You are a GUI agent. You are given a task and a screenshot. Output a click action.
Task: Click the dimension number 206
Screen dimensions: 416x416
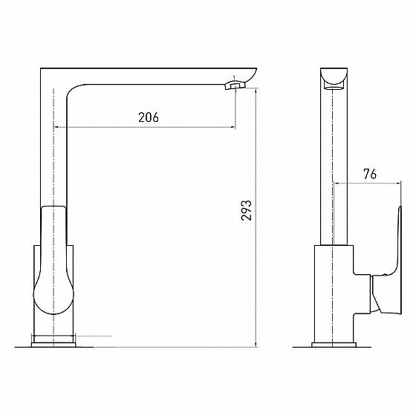point(149,117)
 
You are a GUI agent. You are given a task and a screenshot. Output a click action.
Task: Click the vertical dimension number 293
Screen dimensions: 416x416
point(246,210)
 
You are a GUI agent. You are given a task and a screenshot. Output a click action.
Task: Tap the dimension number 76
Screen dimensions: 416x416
point(370,174)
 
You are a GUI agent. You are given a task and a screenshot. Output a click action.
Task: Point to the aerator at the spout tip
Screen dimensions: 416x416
point(235,85)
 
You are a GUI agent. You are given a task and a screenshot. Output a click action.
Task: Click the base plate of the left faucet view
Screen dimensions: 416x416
point(53,345)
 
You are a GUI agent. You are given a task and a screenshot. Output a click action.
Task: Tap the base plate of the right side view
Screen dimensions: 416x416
point(334,345)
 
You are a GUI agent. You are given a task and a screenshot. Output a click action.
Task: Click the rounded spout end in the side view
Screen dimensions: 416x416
point(334,77)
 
